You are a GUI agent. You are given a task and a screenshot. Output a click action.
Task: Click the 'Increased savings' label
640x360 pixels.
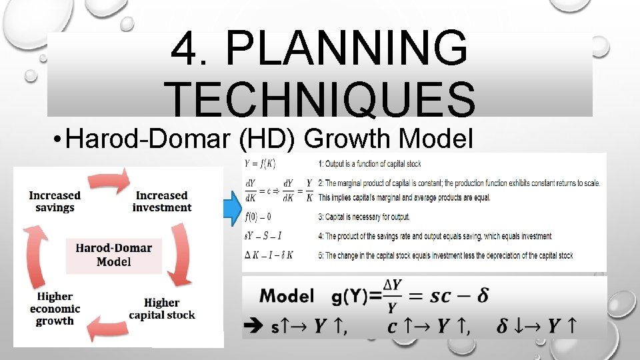coord(55,201)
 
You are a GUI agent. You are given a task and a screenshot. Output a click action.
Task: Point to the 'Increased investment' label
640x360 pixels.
coord(162,201)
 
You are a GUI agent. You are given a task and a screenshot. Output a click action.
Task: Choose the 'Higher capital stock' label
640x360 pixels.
coord(162,309)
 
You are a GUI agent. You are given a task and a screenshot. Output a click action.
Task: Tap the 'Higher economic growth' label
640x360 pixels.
coord(55,309)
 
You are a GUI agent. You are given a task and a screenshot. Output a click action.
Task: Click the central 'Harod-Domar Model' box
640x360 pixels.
coord(113,255)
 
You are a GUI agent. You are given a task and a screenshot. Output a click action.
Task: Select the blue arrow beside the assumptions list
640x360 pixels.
coord(232,207)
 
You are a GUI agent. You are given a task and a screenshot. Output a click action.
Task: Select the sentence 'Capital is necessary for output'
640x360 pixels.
coord(372,217)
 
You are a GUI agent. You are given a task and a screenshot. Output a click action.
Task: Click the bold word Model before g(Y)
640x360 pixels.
coord(287,296)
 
